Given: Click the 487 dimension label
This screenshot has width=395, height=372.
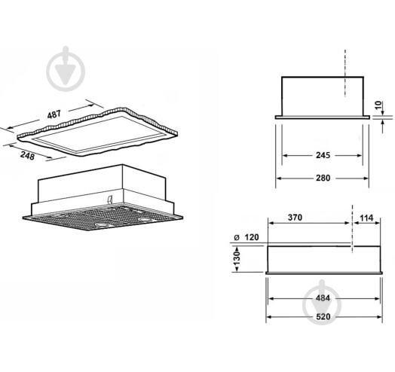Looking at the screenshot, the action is point(54,114).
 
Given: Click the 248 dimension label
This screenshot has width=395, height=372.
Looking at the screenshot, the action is point(27,156).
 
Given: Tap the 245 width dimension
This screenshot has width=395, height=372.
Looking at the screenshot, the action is point(323,155).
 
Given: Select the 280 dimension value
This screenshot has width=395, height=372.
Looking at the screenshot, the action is point(323,178).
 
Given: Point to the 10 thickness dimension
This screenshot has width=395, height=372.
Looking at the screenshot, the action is point(378,105).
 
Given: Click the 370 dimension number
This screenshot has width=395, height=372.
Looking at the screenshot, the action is point(295,218).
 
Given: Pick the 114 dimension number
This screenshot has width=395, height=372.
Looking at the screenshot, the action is point(366,218).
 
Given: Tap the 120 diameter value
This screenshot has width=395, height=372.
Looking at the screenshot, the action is point(252,237).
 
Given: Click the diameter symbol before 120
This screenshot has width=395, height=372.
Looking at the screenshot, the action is point(236,237).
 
